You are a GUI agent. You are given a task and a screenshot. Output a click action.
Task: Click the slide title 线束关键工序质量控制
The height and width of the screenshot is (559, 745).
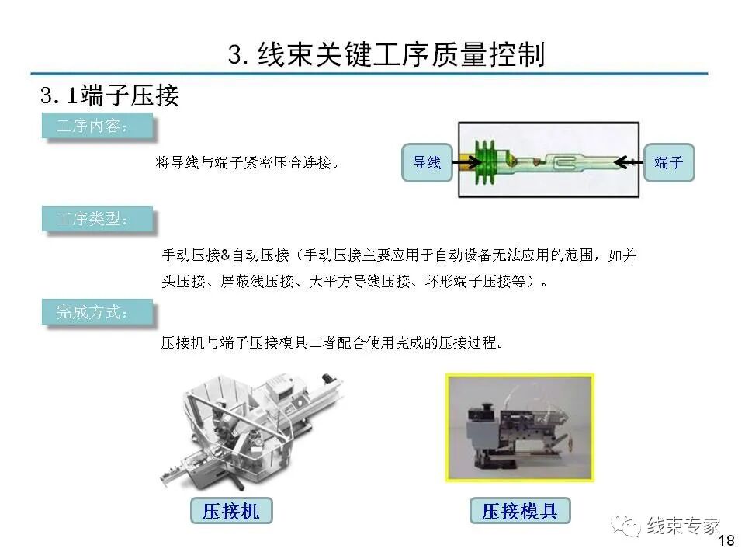[386, 54]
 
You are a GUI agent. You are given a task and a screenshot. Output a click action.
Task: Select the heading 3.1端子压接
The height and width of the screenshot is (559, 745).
[109, 95]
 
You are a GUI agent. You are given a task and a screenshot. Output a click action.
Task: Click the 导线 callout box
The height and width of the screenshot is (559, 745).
[426, 162]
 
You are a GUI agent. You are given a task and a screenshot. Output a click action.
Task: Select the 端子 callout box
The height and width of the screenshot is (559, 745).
[668, 162]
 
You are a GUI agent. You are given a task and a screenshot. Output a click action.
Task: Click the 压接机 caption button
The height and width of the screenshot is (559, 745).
[230, 510]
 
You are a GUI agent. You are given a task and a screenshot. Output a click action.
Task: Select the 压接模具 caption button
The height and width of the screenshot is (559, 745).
[519, 510]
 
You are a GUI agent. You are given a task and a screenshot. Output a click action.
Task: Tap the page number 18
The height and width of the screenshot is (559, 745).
[727, 541]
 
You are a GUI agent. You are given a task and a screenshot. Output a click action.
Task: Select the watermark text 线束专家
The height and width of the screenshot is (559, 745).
[684, 526]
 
